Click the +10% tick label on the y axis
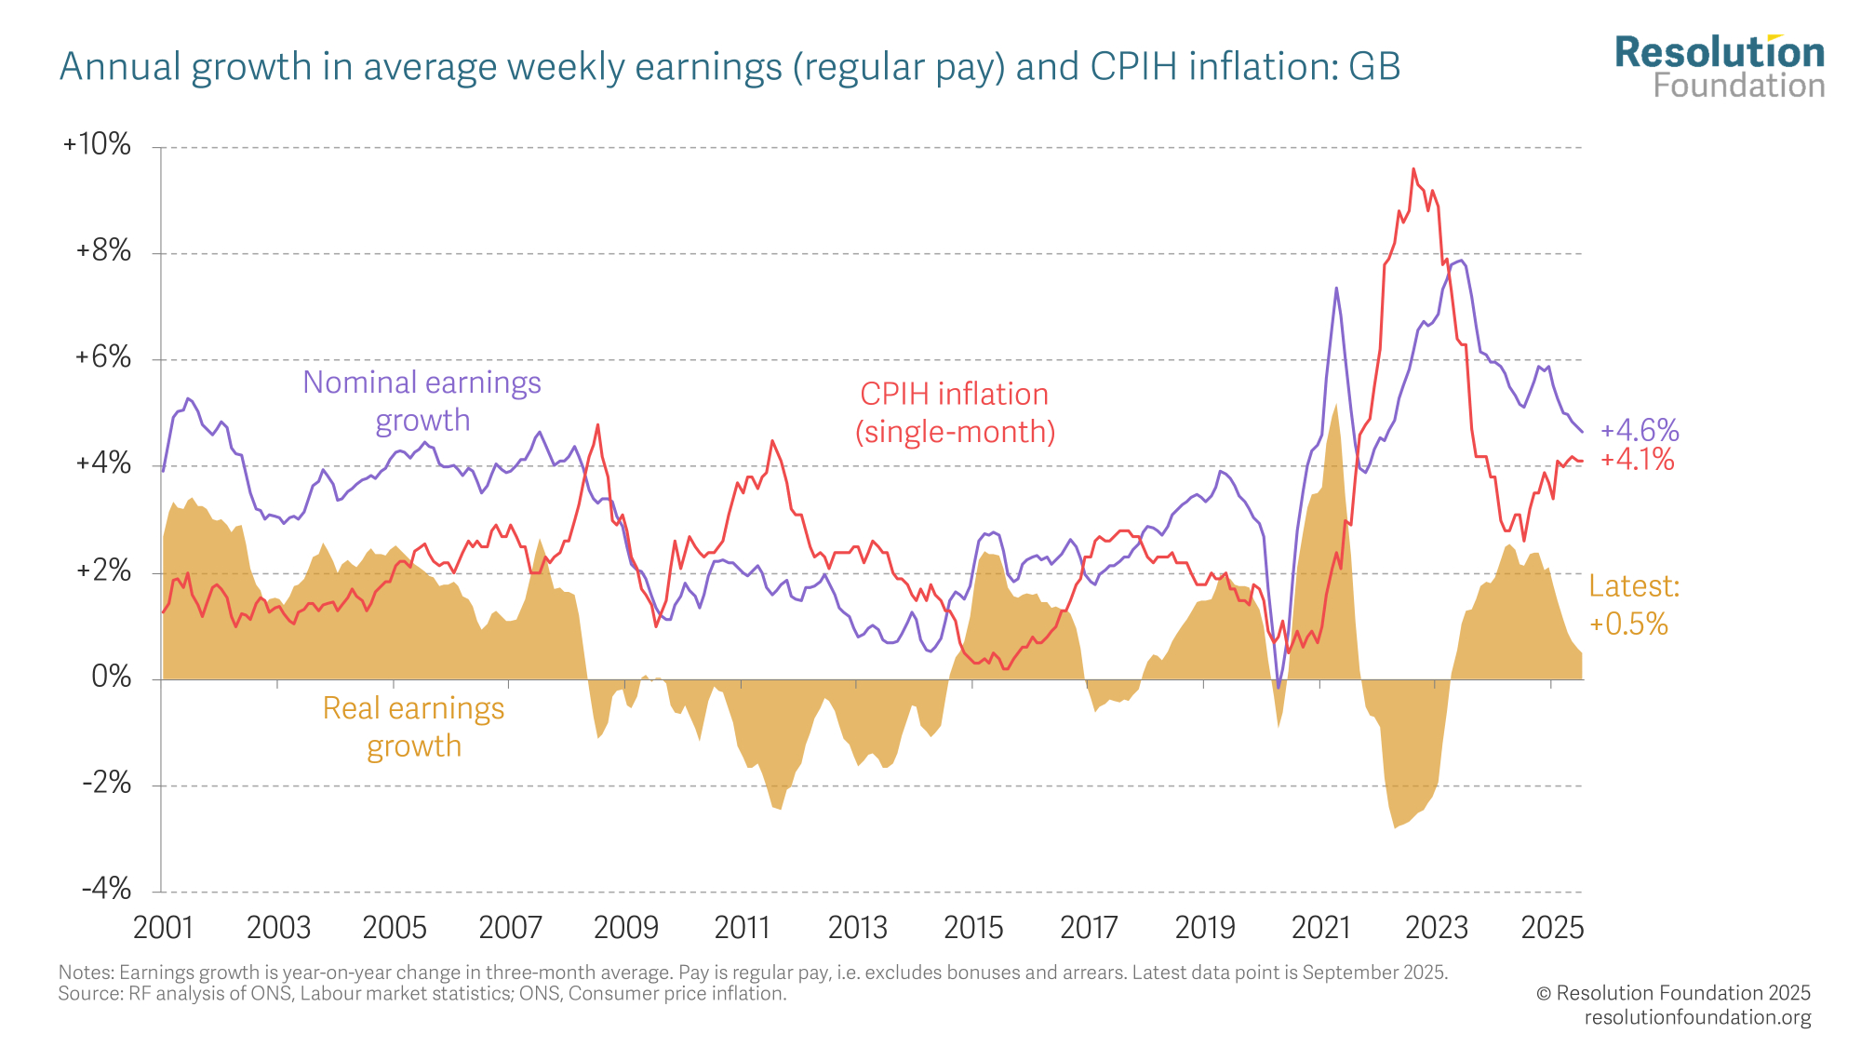pos(97,144)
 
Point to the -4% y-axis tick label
pos(106,889)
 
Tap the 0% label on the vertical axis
pos(111,677)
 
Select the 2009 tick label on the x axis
pos(625,928)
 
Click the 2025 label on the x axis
pos(1551,928)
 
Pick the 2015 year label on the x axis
pos(973,928)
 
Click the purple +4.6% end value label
pos(1640,430)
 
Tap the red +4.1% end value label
pos(1638,460)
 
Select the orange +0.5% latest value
pos(1628,624)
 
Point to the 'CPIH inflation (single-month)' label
pos(955,412)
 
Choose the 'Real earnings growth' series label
pos(413,727)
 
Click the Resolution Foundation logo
pos(1720,67)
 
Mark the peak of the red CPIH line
pos(1413,169)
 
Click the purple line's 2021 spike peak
pos(1336,289)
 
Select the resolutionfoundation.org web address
pos(1697,1017)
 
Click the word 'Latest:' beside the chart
pos(1634,586)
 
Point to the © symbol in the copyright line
pos(1544,994)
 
